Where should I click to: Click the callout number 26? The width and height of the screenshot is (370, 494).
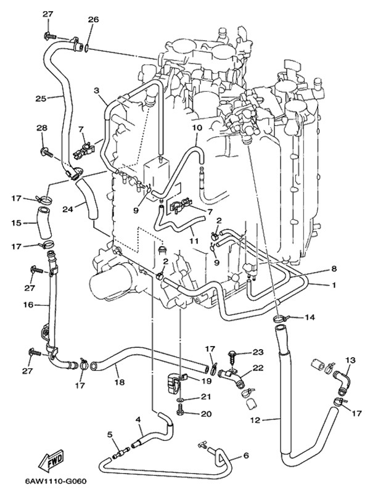coord(92,20)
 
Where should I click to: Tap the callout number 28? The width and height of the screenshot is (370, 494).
coord(41,128)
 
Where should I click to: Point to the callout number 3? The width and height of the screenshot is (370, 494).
coord(96,91)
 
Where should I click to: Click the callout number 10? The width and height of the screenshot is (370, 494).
coord(197,128)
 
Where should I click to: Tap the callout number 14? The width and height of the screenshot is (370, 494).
coord(309,318)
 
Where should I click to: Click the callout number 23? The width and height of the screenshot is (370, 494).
coord(257,352)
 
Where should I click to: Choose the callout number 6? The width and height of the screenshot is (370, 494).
coord(245,456)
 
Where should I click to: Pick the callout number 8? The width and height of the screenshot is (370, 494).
coord(334,268)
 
